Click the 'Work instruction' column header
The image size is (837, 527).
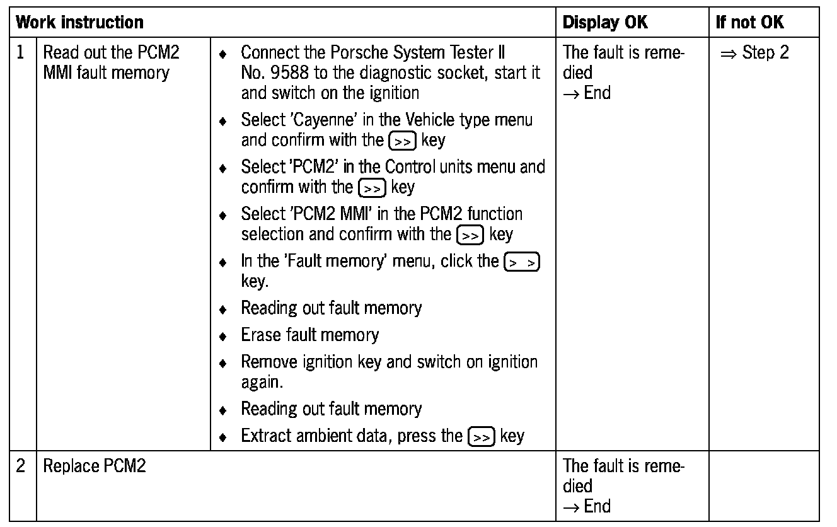click(x=79, y=23)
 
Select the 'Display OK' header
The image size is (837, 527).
click(x=604, y=23)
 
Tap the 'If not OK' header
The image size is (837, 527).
click(x=749, y=23)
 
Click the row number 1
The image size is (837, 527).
click(x=21, y=52)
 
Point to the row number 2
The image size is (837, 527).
click(x=21, y=466)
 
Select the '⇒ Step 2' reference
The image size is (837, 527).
click(x=754, y=52)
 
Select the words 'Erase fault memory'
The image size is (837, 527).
click(x=309, y=335)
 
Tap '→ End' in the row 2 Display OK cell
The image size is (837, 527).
click(x=587, y=506)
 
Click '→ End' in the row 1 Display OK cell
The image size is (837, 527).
click(x=587, y=93)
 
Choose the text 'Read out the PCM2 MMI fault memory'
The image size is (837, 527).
click(x=110, y=62)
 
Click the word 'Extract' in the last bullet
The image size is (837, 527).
click(x=265, y=436)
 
